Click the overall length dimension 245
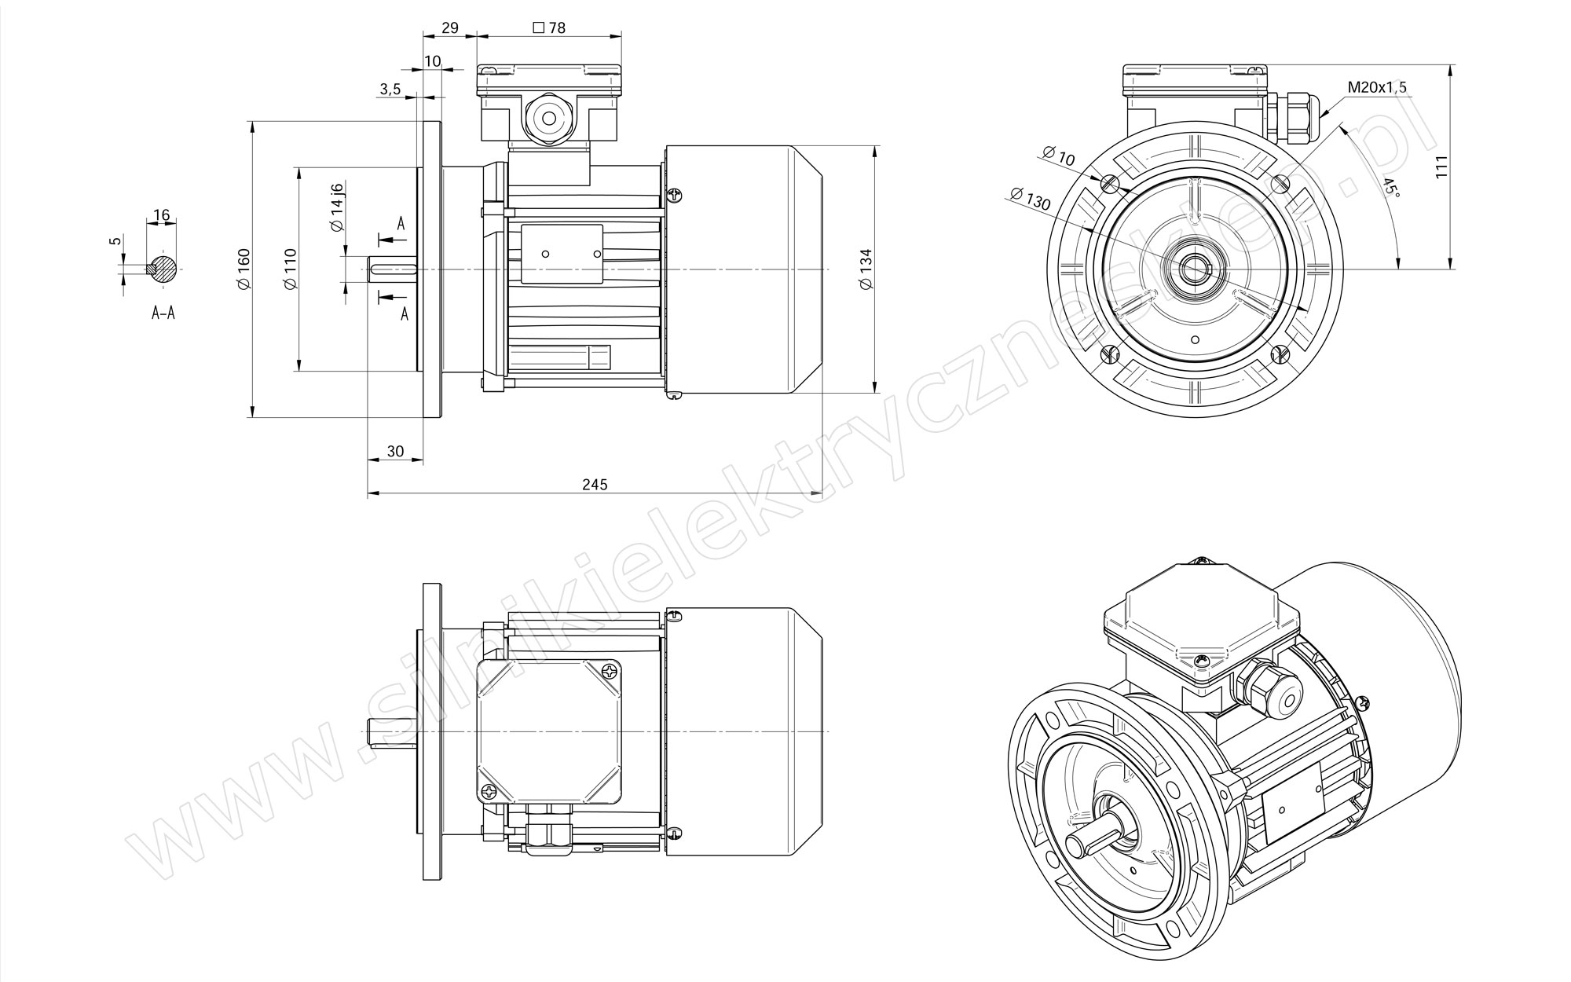pyautogui.click(x=595, y=485)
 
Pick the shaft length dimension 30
pyautogui.click(x=395, y=451)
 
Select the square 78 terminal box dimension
pyautogui.click(x=549, y=27)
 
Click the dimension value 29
pyautogui.click(x=449, y=27)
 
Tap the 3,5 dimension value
pyautogui.click(x=390, y=90)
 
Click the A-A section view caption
pyautogui.click(x=163, y=313)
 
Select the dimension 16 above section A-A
pyautogui.click(x=163, y=215)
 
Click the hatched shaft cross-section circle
pyautogui.click(x=163, y=269)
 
